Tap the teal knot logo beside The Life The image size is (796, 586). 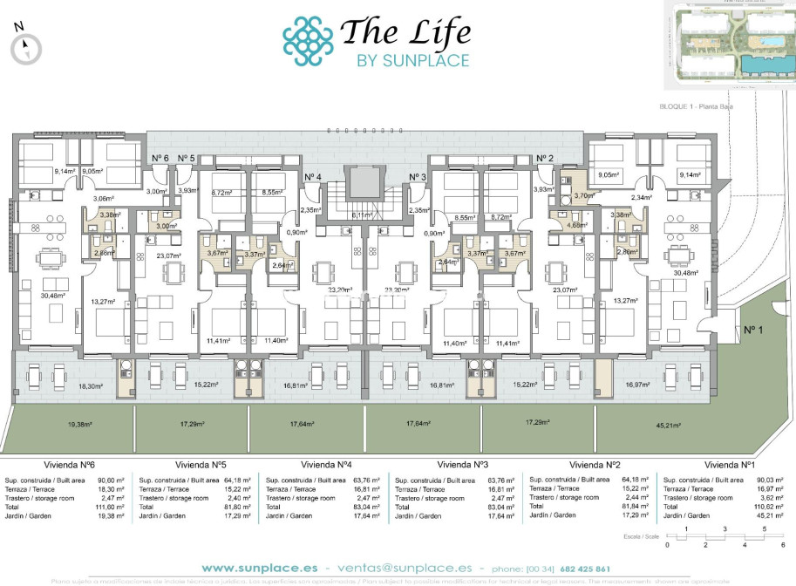click(x=308, y=41)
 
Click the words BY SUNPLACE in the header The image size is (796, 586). click(x=412, y=60)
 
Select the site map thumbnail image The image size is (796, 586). click(x=729, y=44)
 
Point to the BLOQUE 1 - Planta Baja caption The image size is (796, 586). click(x=704, y=106)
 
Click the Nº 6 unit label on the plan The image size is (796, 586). click(x=160, y=158)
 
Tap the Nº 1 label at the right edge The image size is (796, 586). click(x=752, y=330)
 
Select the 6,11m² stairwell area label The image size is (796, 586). click(x=362, y=215)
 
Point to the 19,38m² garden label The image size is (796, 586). click(x=79, y=426)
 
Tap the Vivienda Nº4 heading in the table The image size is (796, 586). click(x=326, y=465)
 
